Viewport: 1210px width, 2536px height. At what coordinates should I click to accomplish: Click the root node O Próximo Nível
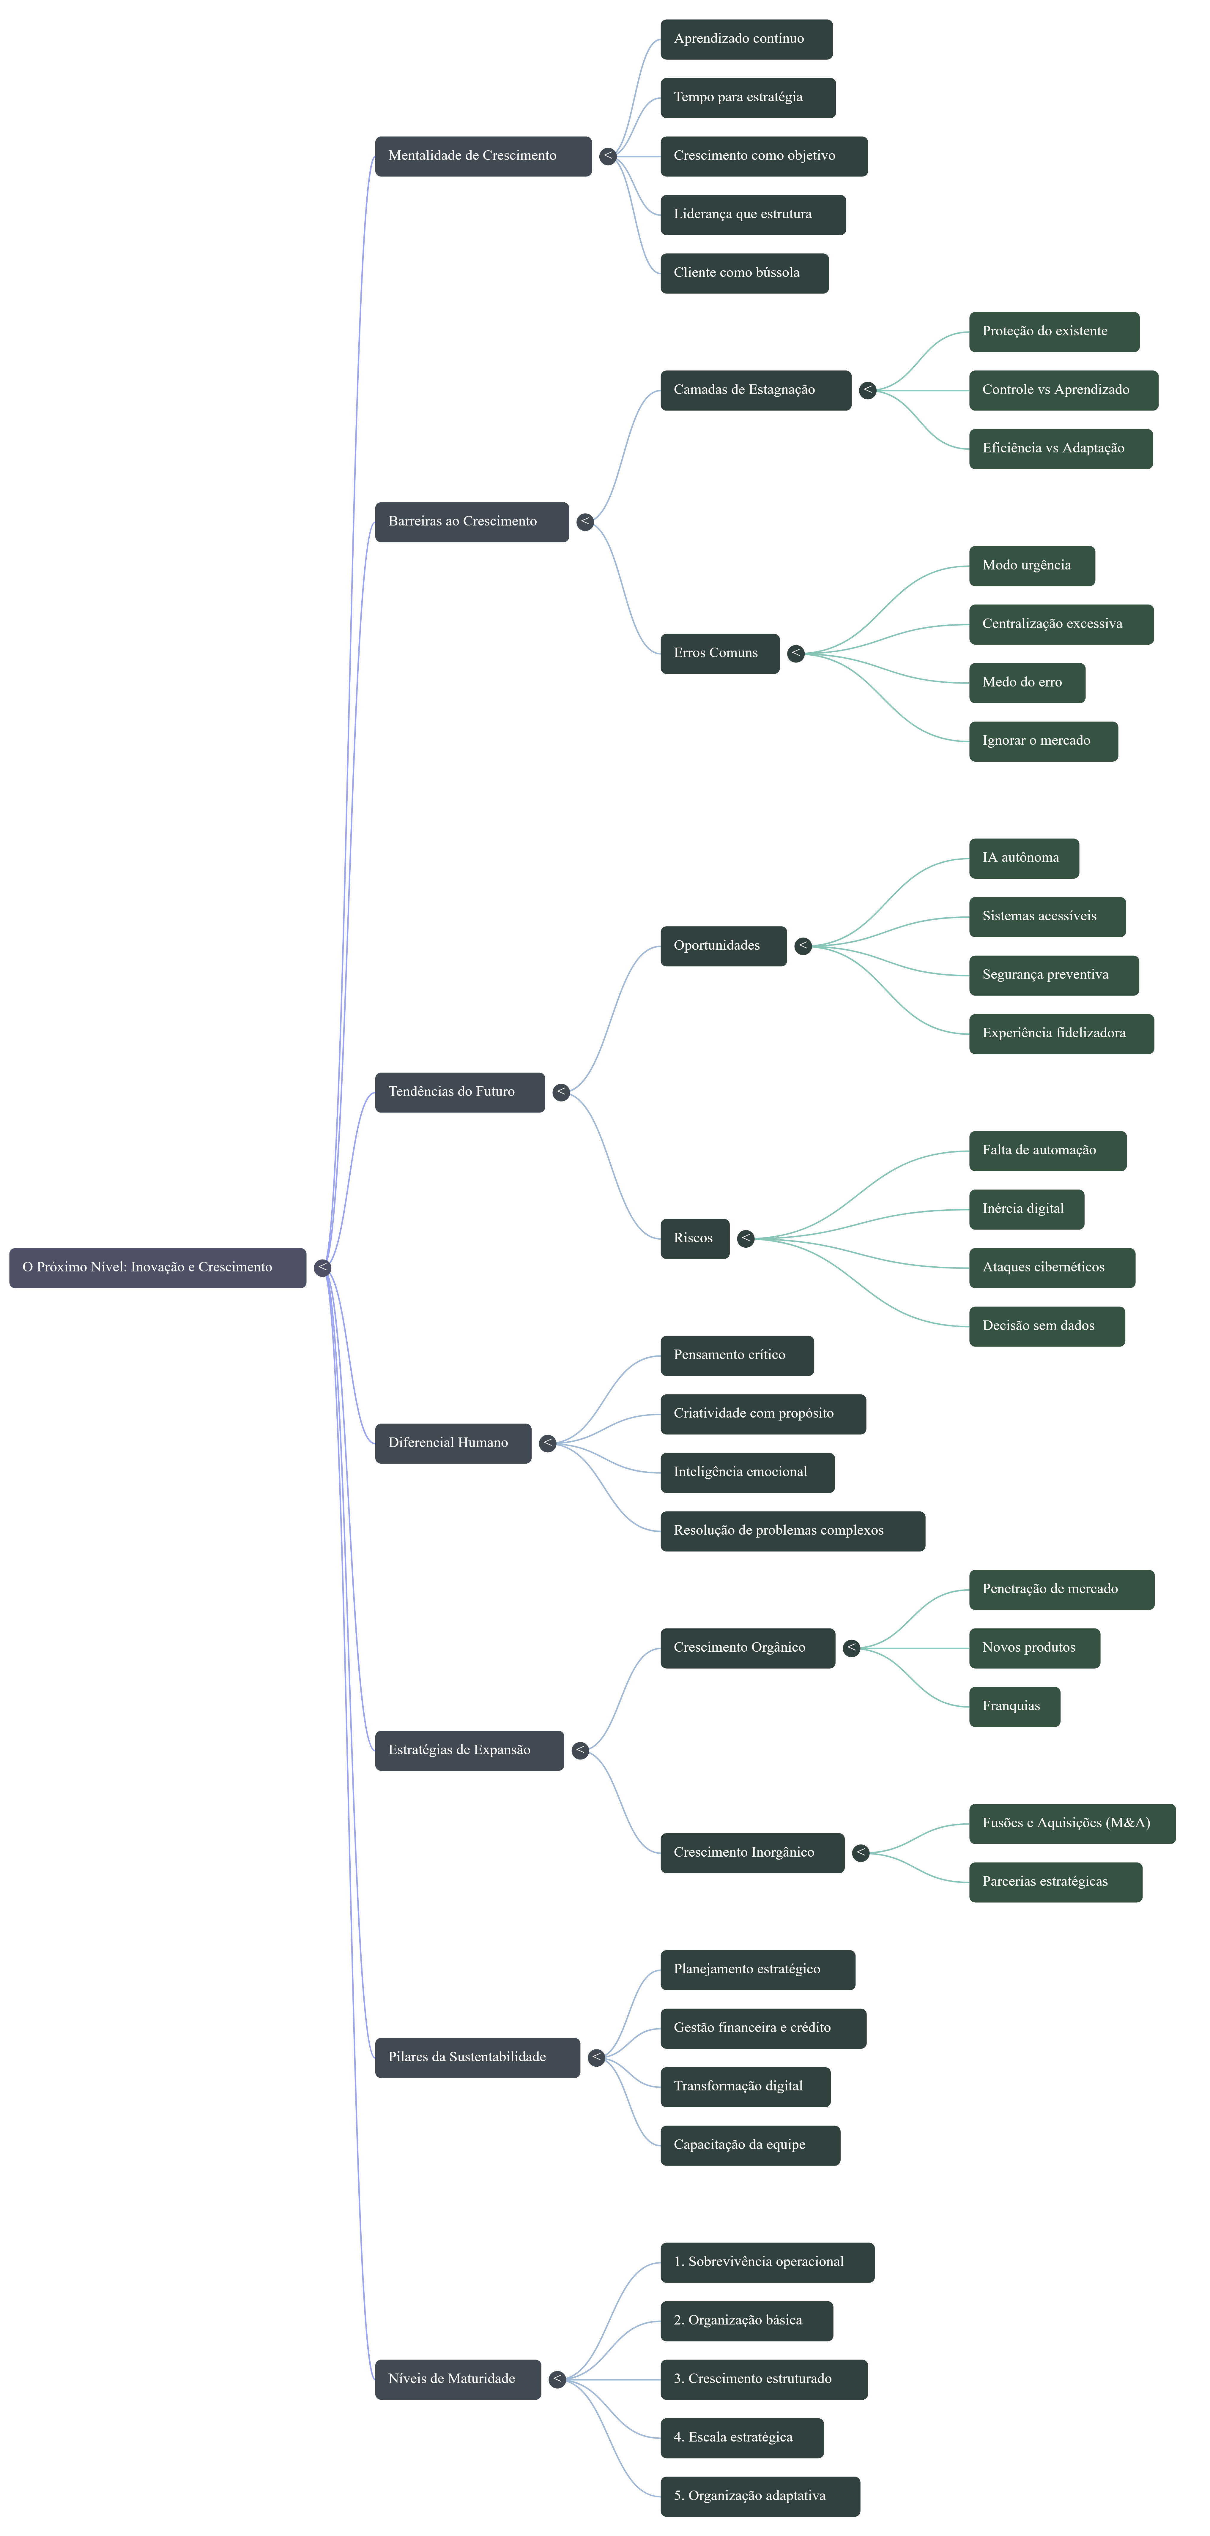pos(157,1267)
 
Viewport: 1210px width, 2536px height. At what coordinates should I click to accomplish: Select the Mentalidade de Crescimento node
pos(482,156)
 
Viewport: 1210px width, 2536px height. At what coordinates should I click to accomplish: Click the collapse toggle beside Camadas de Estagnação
pos(867,390)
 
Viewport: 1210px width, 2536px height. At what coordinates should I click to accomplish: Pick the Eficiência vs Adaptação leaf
pos(1060,448)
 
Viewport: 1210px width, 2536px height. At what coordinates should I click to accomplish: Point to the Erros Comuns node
pos(719,653)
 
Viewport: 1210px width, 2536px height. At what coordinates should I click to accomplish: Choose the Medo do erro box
pos(1026,682)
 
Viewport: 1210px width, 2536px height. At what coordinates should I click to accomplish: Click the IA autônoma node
pos(1023,858)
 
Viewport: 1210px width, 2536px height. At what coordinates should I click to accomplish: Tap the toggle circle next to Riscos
pos(745,1238)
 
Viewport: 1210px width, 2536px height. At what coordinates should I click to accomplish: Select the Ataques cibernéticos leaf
pos(1052,1267)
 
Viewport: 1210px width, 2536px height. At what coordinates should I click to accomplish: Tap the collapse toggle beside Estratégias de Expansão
pos(580,1749)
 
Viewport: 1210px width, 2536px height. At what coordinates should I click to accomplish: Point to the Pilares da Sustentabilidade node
pos(477,2057)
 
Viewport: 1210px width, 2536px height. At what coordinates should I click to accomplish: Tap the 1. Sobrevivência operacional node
pos(767,2261)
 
